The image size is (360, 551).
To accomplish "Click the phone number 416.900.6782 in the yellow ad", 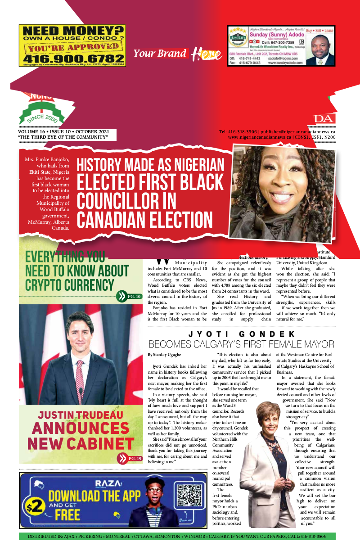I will click(x=72, y=59).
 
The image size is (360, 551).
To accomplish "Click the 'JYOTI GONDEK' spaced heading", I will click(x=242, y=334).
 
